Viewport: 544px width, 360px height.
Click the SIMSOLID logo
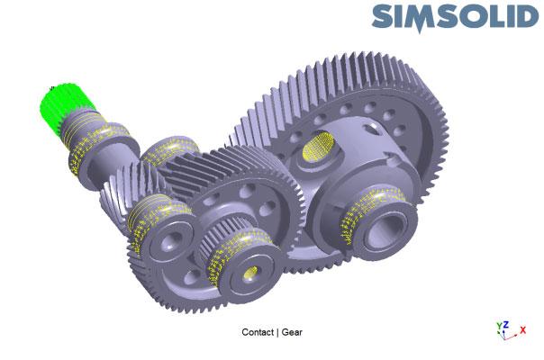(455, 17)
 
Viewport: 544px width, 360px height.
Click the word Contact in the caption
(258, 332)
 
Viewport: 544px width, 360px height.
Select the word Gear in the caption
(292, 332)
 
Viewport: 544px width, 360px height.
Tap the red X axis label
(523, 329)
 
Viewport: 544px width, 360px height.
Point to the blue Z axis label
(506, 325)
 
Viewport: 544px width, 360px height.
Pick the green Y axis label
(499, 326)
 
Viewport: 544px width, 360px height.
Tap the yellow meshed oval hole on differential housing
(318, 147)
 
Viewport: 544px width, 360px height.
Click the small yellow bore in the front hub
(250, 273)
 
